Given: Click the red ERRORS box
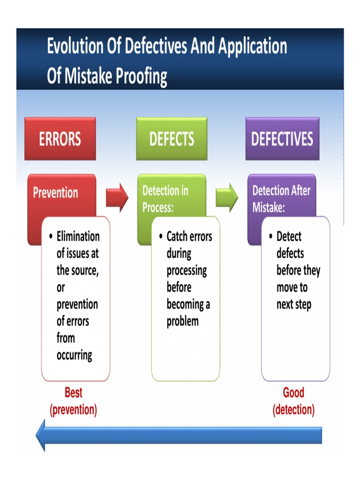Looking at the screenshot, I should [60, 139].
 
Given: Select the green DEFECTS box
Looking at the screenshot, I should [172, 139].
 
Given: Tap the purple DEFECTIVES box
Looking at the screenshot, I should [282, 139].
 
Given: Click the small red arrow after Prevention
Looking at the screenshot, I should [117, 198].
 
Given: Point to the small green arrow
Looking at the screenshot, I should [226, 198].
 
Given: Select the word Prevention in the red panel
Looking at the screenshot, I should [55, 193].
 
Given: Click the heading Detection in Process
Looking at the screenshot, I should [165, 199].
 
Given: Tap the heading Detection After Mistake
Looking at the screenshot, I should [281, 199].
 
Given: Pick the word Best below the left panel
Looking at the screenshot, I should [73, 392].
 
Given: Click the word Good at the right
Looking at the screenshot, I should [293, 392].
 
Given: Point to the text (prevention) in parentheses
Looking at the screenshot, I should [73, 410].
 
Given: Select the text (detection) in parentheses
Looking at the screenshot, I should [293, 410].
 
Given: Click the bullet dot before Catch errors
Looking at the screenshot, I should [160, 237].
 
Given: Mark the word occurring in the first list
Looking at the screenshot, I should [74, 355].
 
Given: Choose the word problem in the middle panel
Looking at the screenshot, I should [182, 322].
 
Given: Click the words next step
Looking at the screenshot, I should [293, 305].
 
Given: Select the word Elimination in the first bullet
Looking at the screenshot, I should [78, 237].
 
